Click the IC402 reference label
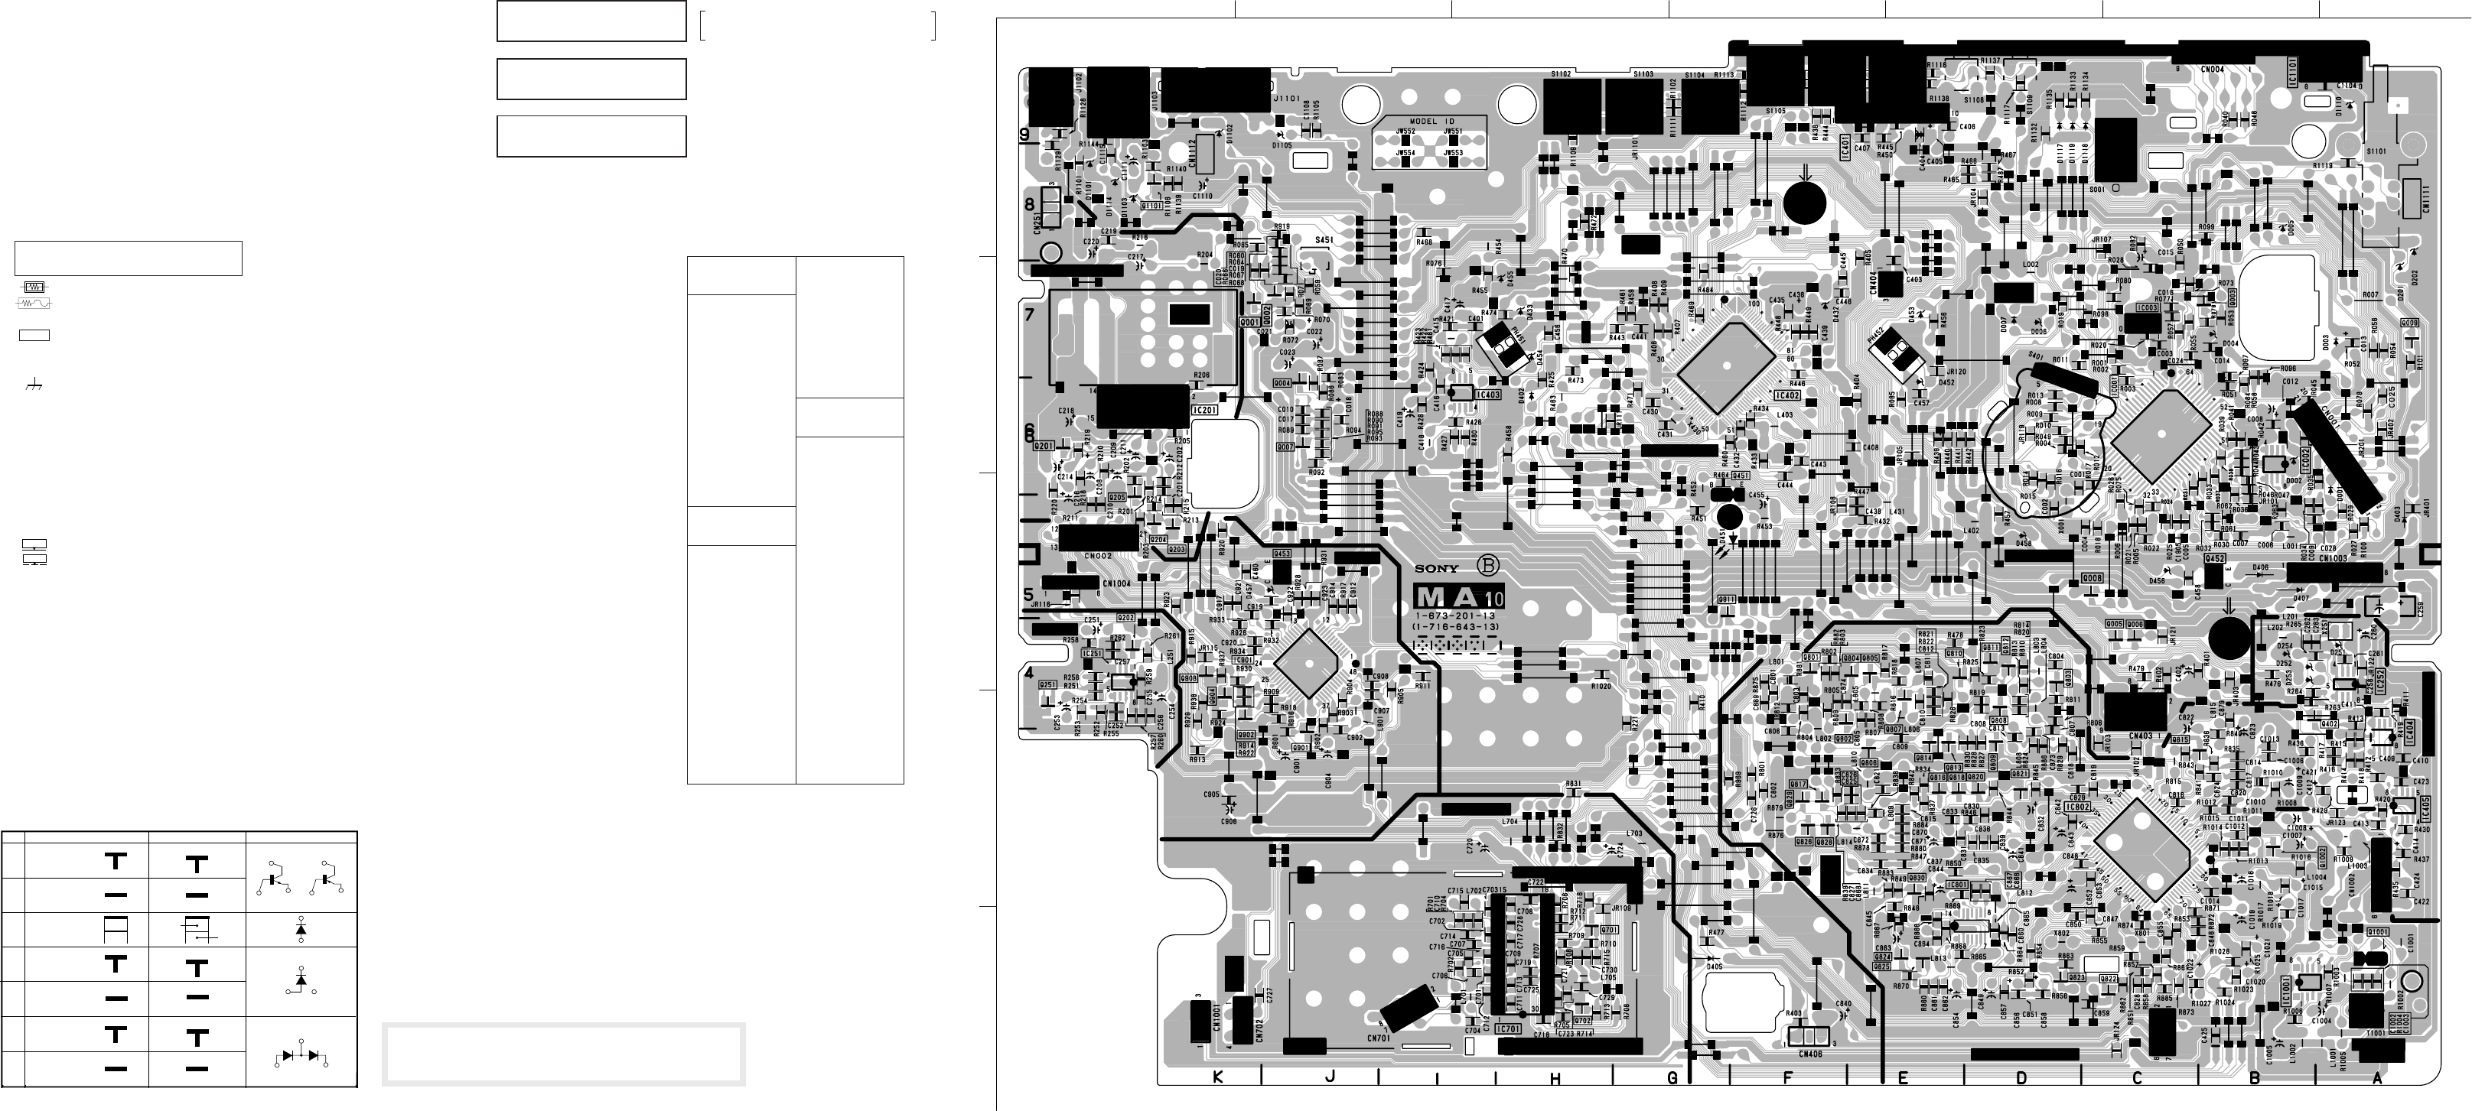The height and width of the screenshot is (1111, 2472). click(1788, 395)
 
